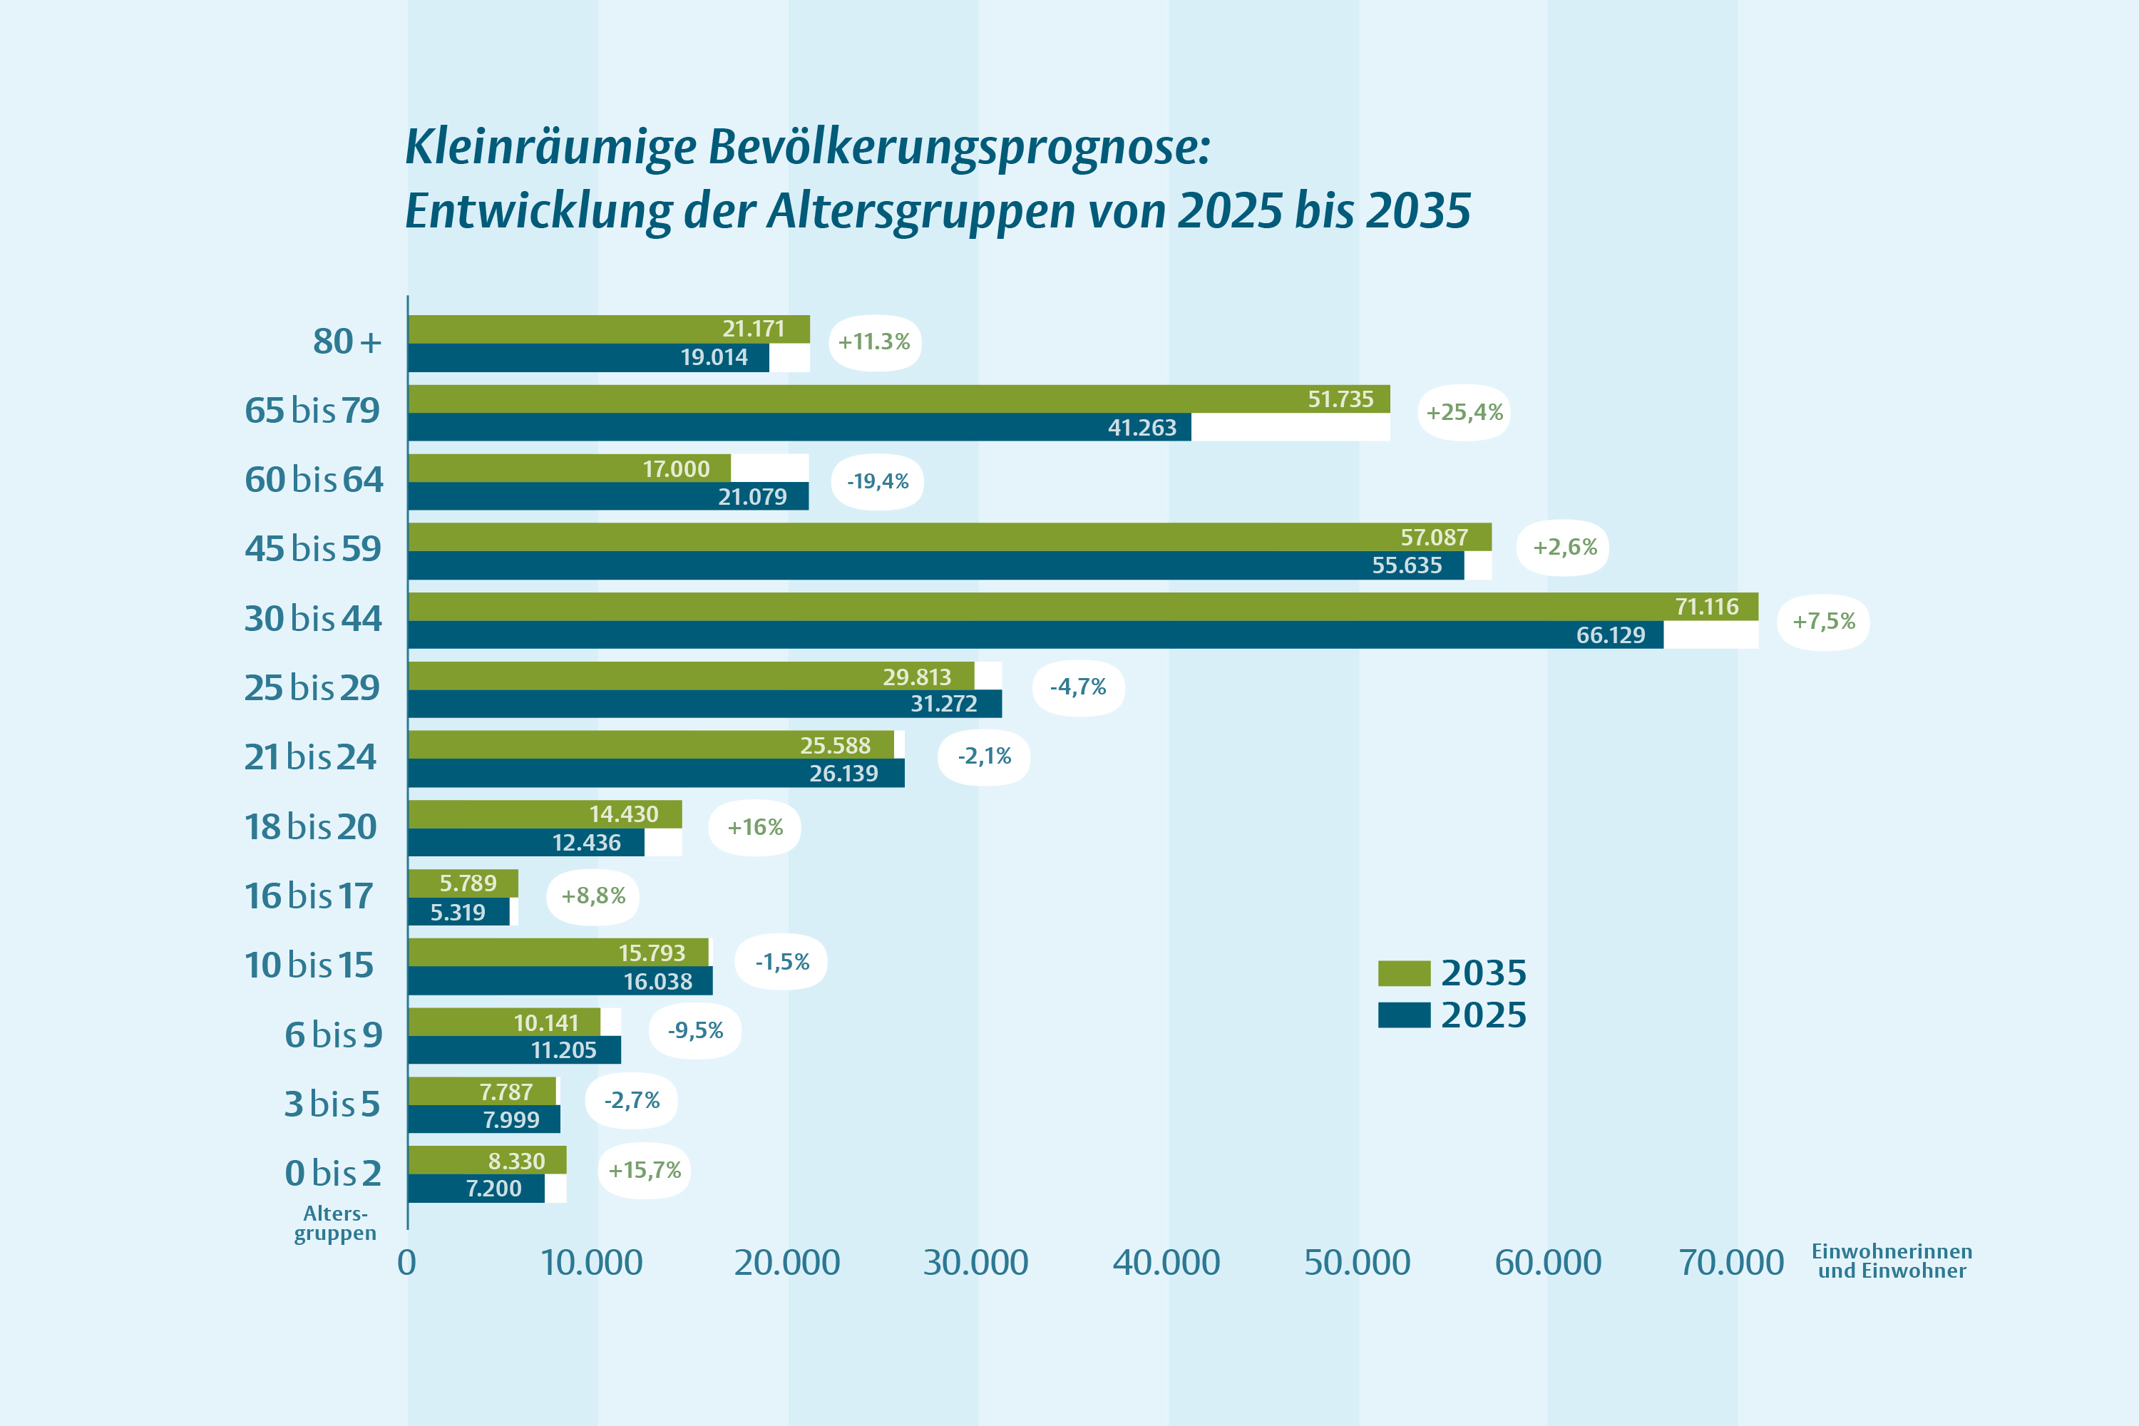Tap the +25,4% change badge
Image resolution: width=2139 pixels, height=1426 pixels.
(1465, 413)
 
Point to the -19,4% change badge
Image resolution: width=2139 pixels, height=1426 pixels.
(878, 482)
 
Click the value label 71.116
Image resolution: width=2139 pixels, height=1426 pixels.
(1706, 607)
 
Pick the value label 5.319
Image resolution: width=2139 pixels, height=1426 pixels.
(458, 912)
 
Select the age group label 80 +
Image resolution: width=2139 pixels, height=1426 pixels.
(347, 342)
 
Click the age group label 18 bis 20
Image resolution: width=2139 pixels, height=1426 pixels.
(310, 826)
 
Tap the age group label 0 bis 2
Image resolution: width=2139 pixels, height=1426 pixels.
(333, 1173)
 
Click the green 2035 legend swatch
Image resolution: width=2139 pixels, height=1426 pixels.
(1403, 973)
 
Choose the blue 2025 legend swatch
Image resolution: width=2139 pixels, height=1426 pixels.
(1403, 1015)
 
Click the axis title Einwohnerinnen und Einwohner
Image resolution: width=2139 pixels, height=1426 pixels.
(1892, 1261)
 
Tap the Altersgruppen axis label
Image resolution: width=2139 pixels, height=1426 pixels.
(334, 1224)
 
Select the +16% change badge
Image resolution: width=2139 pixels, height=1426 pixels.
(755, 828)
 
